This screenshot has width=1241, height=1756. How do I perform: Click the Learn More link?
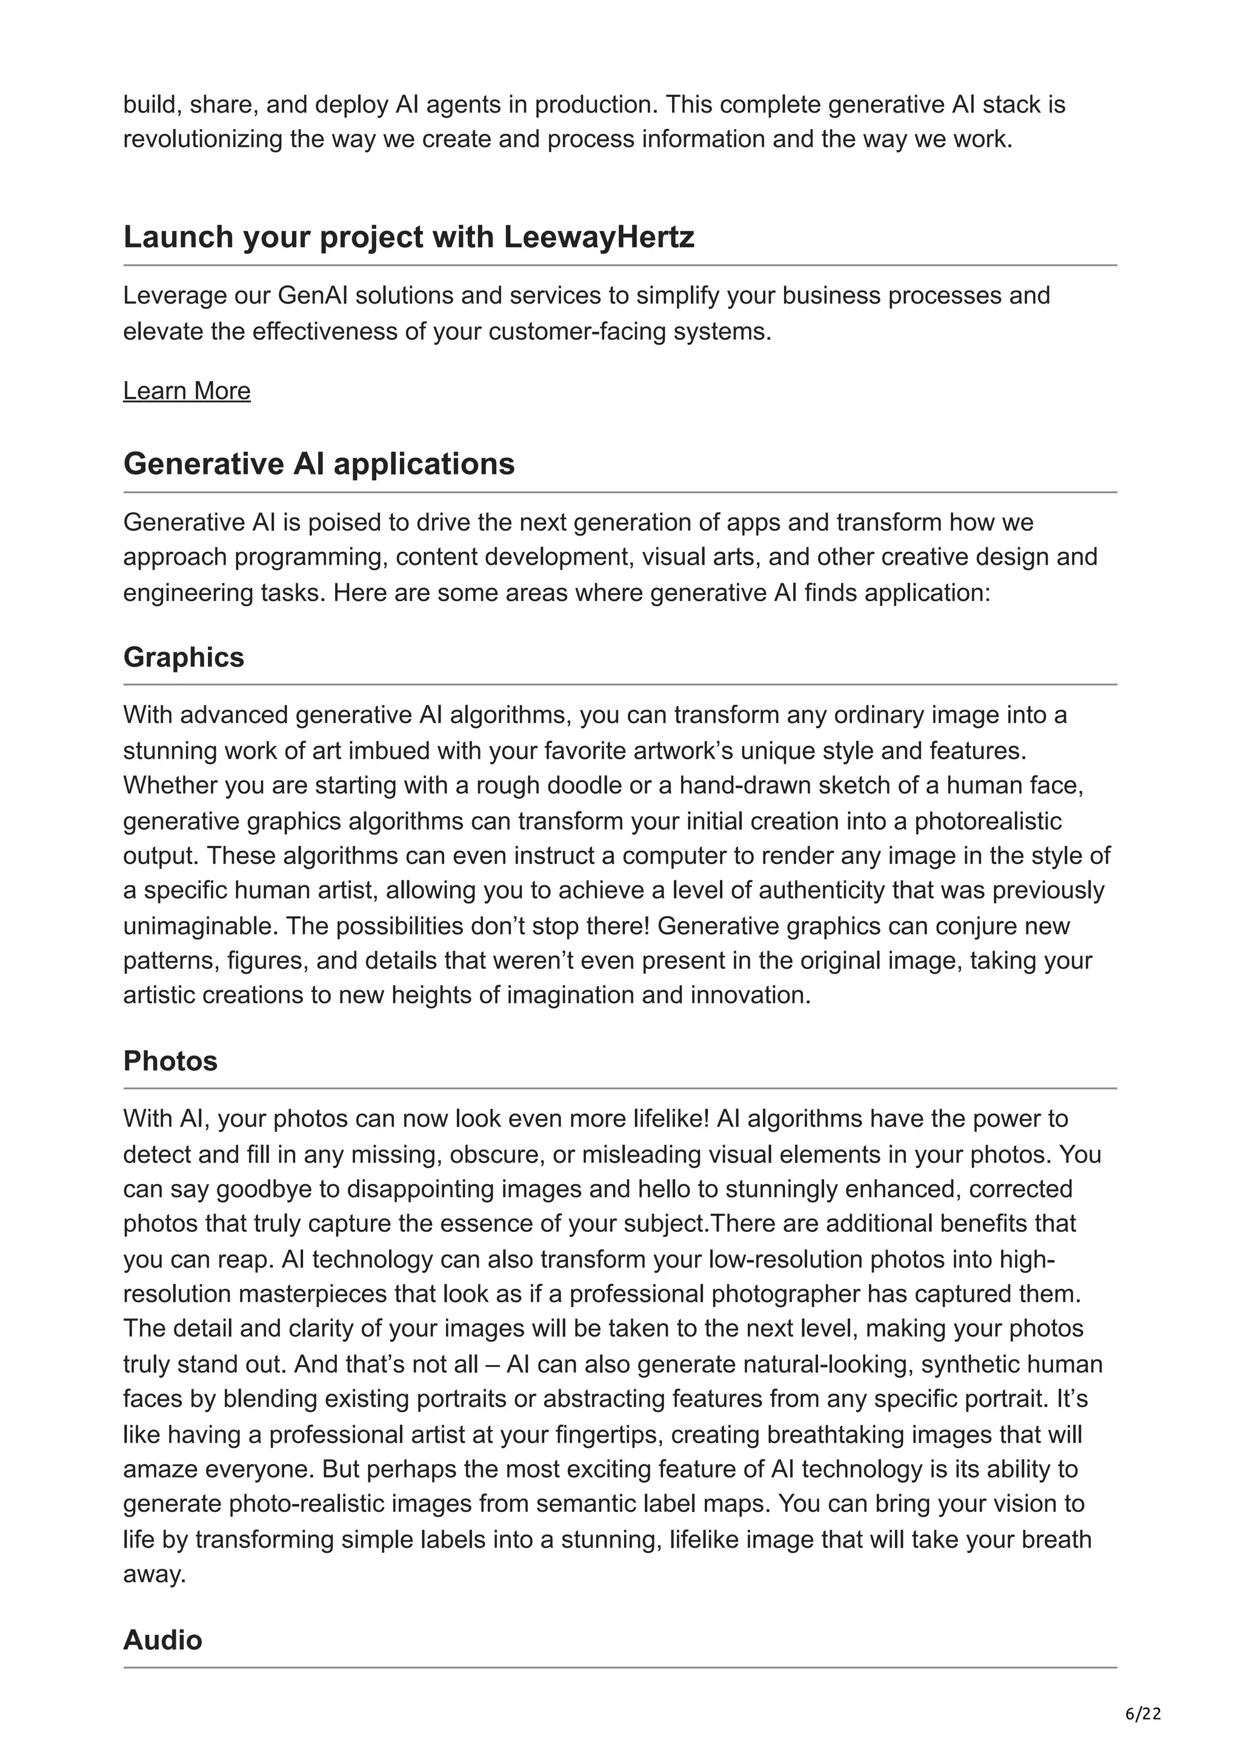pos(187,391)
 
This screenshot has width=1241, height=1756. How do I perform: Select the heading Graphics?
pos(184,657)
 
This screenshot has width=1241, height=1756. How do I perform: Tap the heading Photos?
pos(170,1062)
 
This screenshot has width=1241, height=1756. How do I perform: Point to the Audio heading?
pos(163,1640)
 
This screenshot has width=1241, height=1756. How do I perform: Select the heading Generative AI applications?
pos(319,464)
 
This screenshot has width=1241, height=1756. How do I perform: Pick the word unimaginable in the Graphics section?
pos(201,926)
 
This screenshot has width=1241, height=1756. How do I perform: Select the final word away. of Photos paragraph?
pos(155,1575)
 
